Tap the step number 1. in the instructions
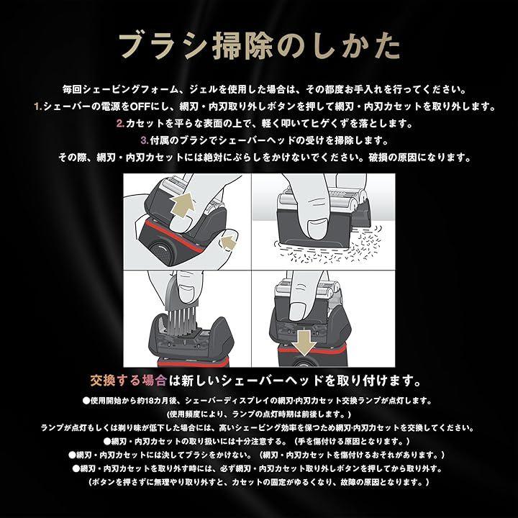pos(38,106)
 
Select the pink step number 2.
pos(120,124)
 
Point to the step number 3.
pos(145,140)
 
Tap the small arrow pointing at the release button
pos(227,243)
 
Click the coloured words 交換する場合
pos(128,381)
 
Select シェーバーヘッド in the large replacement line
pos(272,381)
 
